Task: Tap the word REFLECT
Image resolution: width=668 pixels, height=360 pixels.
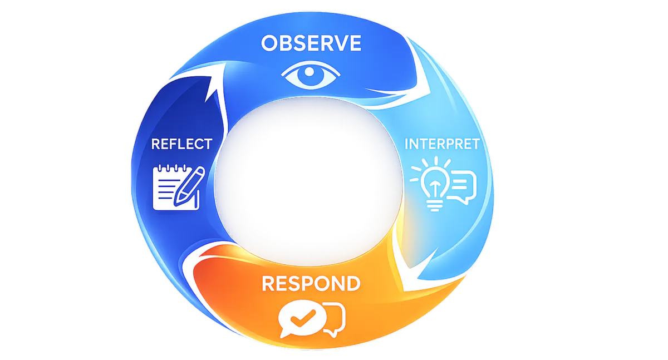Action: tap(181, 144)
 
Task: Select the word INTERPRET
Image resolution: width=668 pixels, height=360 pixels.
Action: tap(442, 144)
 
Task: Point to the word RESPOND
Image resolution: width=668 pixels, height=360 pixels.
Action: tap(311, 283)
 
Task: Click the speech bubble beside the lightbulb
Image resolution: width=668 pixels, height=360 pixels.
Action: tap(461, 185)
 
